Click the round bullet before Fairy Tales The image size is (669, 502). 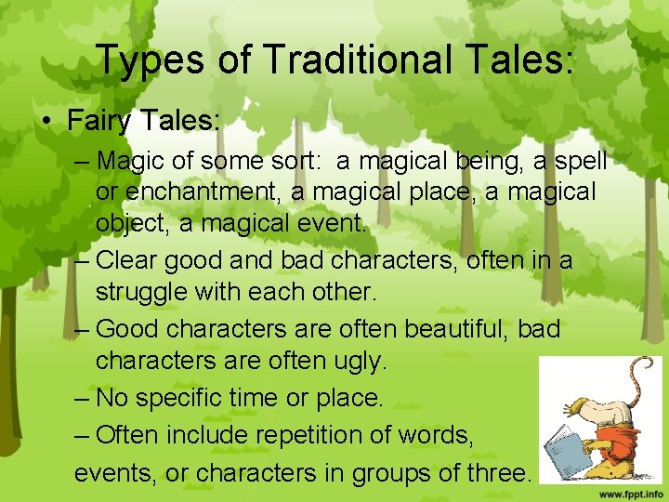[x=47, y=122]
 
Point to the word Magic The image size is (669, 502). [x=131, y=161]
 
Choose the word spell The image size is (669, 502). [x=580, y=161]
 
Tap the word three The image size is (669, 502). [x=496, y=472]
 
